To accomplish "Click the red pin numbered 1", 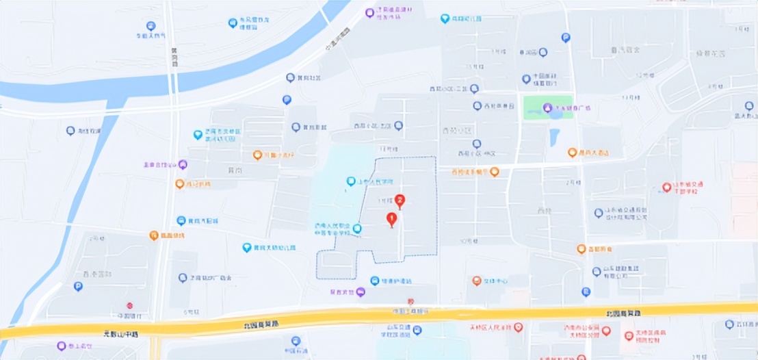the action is [392, 220].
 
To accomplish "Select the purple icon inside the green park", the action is [547, 108].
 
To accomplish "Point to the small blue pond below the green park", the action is [554, 135].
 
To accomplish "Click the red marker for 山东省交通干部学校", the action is [667, 187].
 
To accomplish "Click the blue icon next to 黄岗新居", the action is [296, 127].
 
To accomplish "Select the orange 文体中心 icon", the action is [477, 281].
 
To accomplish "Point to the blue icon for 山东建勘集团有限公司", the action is [597, 272].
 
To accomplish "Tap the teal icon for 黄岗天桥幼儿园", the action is [247, 248].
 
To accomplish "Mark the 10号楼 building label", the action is [467, 241].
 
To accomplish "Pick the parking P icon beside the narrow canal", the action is [78, 287].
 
